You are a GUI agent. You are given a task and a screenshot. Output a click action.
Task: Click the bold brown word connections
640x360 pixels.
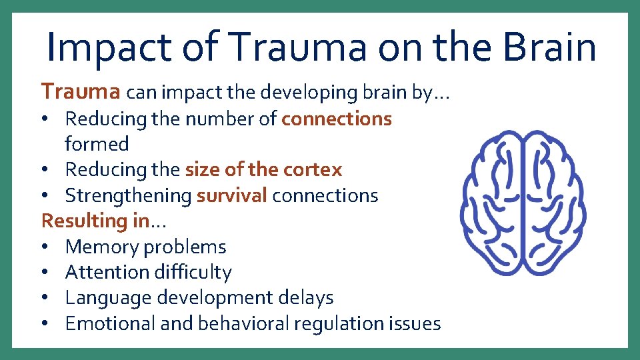337,119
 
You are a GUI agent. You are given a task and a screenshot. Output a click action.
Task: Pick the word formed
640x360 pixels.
97,144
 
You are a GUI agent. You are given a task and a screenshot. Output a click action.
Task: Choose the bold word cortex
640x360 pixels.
313,169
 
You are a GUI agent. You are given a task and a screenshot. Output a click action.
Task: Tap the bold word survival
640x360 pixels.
232,195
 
